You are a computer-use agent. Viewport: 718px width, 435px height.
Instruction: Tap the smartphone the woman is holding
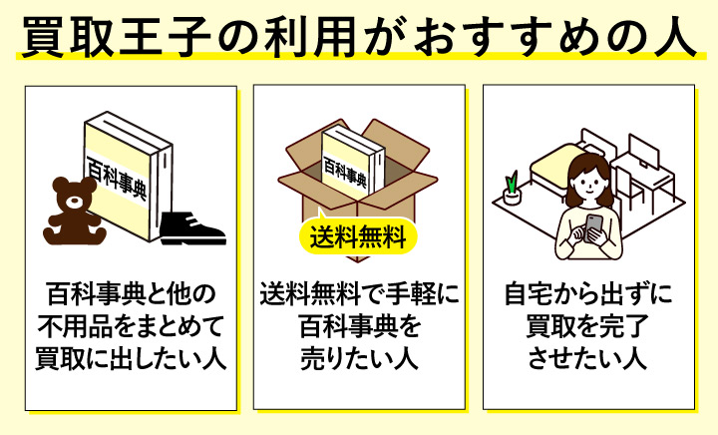(x=594, y=224)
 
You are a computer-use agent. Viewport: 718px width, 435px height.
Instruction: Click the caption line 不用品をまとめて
(x=130, y=326)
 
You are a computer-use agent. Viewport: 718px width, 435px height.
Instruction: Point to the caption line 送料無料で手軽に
(x=358, y=296)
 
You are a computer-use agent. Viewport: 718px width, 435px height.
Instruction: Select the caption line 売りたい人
(x=358, y=357)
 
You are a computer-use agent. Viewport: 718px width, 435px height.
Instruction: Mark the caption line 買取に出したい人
(x=130, y=357)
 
